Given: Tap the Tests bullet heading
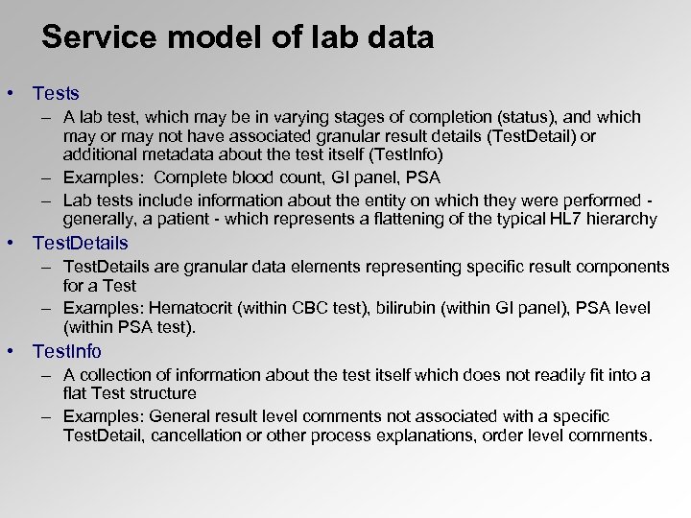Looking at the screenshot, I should [x=56, y=94].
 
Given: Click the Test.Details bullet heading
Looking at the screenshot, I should [x=81, y=243].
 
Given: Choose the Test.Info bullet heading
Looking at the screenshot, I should [x=67, y=351].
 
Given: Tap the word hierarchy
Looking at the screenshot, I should [x=625, y=220].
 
